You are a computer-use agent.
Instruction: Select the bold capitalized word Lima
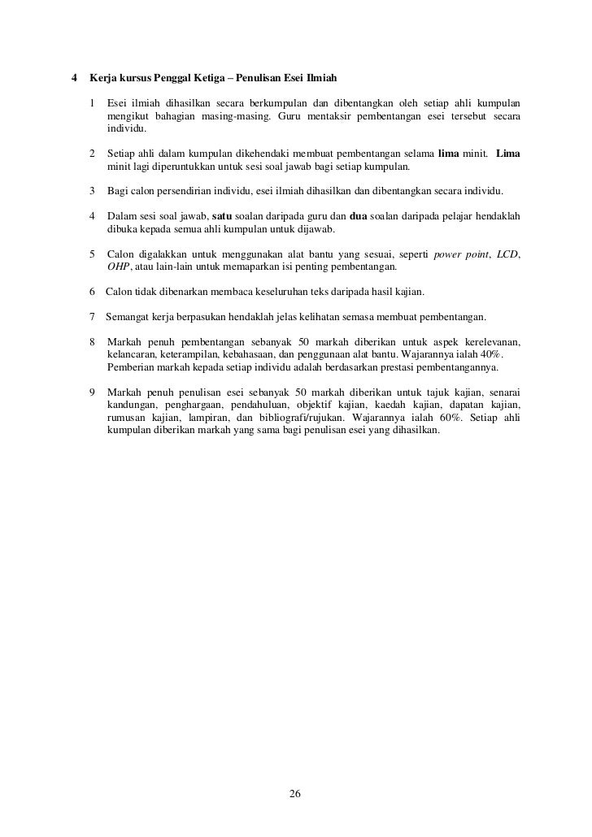click(x=508, y=154)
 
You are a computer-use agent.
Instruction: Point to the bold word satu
click(x=222, y=216)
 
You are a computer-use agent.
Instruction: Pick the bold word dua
click(x=359, y=216)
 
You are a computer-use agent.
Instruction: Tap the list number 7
click(x=93, y=316)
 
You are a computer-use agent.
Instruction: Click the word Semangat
click(x=130, y=316)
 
